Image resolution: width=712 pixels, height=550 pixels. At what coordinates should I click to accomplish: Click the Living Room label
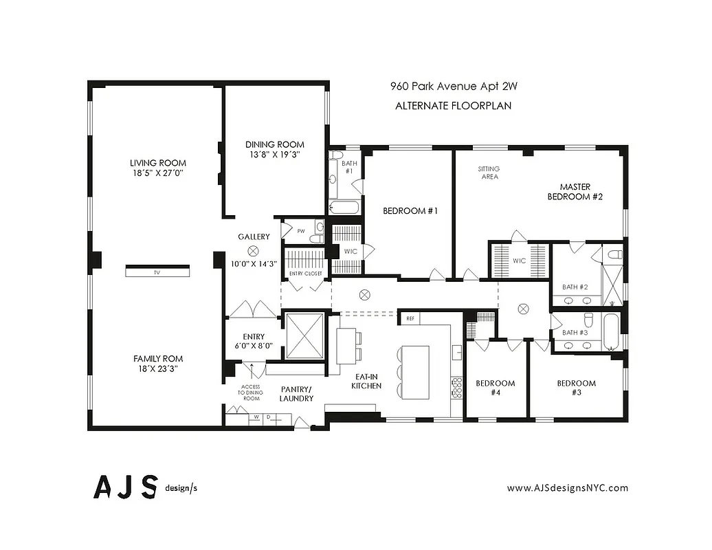point(158,163)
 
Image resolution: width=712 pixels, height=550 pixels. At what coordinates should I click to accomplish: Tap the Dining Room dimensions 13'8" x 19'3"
point(275,154)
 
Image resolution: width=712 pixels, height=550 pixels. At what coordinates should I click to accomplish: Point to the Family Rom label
point(158,358)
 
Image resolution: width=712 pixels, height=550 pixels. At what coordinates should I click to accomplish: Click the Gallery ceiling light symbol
point(254,251)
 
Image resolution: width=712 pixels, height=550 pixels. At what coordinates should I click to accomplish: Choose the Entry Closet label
point(305,274)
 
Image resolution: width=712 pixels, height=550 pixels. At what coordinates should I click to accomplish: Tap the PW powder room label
point(300,231)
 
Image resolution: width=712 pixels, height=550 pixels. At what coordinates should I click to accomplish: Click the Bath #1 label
point(348,166)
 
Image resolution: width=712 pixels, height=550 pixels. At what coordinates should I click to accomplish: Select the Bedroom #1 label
point(410,211)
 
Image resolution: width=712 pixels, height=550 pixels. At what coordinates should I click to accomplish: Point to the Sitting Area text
point(489,173)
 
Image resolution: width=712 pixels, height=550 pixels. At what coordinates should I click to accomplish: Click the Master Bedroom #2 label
point(575,191)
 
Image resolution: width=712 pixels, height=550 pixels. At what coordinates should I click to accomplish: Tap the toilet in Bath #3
point(588,321)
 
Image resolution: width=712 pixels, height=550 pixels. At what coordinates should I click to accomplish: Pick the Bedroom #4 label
point(496,388)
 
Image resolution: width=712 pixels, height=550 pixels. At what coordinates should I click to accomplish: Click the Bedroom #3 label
point(576,388)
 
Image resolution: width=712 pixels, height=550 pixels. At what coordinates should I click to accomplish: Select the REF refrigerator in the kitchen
point(410,319)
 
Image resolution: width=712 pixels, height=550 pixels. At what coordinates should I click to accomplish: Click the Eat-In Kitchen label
point(366,382)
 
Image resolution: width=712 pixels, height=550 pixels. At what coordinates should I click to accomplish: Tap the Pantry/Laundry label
point(297,393)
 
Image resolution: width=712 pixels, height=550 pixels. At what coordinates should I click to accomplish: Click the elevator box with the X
point(304,335)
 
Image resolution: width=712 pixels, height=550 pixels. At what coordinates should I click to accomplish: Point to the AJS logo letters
point(126,487)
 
